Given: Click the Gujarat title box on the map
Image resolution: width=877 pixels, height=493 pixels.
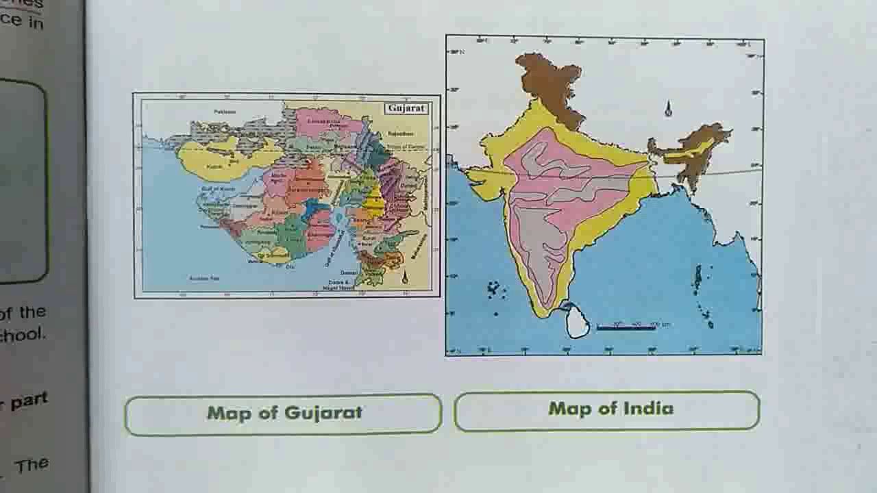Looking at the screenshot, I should point(407,108).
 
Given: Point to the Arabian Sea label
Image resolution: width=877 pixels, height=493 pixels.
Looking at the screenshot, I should point(204,278).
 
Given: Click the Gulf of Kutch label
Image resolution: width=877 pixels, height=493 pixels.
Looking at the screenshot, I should point(219,188).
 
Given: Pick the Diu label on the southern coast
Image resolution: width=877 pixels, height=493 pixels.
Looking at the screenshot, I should point(290,266).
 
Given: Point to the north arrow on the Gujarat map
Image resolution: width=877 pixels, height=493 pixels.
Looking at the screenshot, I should point(404,277).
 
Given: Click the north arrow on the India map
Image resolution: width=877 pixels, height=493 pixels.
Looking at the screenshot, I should point(668,109).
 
